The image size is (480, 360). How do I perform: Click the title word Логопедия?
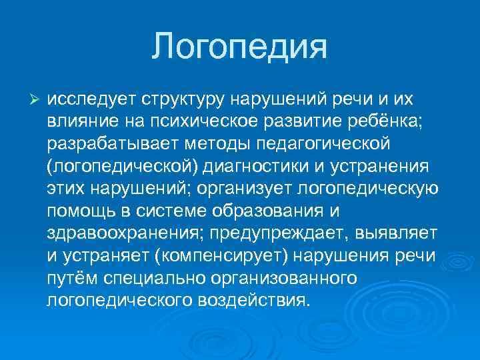click(239, 47)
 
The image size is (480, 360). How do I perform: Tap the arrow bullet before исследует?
click(37, 99)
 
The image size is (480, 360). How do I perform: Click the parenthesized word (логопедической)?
click(119, 165)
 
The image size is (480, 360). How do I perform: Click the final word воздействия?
click(254, 300)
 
